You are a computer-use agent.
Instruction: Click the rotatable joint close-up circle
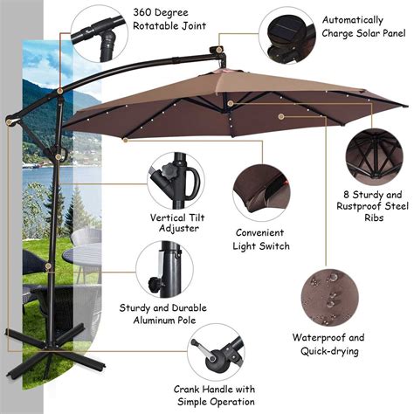tap(96, 32)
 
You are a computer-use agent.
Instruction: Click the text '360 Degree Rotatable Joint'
tap(169, 19)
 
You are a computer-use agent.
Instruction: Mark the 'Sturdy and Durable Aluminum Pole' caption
tap(162, 314)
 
